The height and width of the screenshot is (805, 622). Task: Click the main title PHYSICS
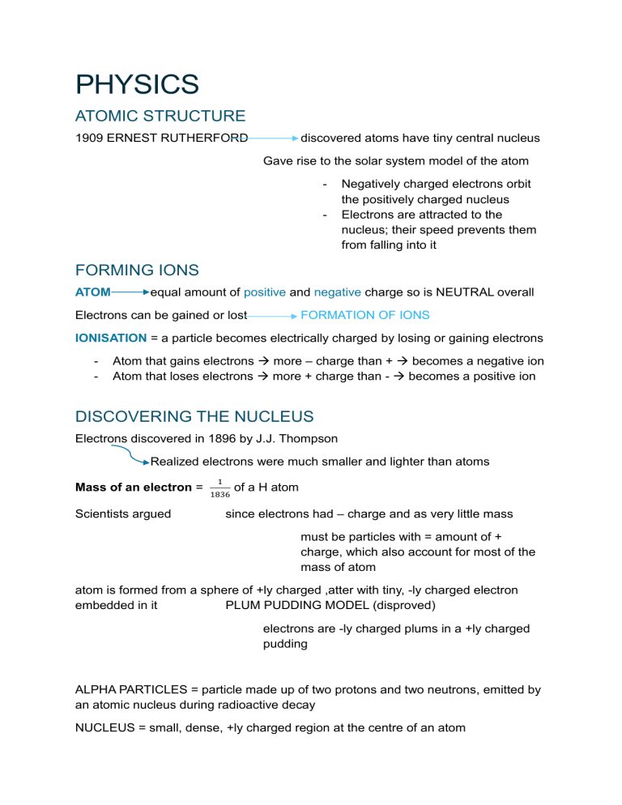(136, 85)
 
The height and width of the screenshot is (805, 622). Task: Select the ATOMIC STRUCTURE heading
(160, 117)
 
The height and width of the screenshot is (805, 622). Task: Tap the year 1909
(89, 138)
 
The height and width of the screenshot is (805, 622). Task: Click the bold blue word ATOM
(92, 292)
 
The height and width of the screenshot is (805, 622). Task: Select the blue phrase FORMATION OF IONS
(364, 315)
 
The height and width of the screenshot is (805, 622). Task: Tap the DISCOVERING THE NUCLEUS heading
(194, 417)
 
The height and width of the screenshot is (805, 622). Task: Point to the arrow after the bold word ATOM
(130, 292)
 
